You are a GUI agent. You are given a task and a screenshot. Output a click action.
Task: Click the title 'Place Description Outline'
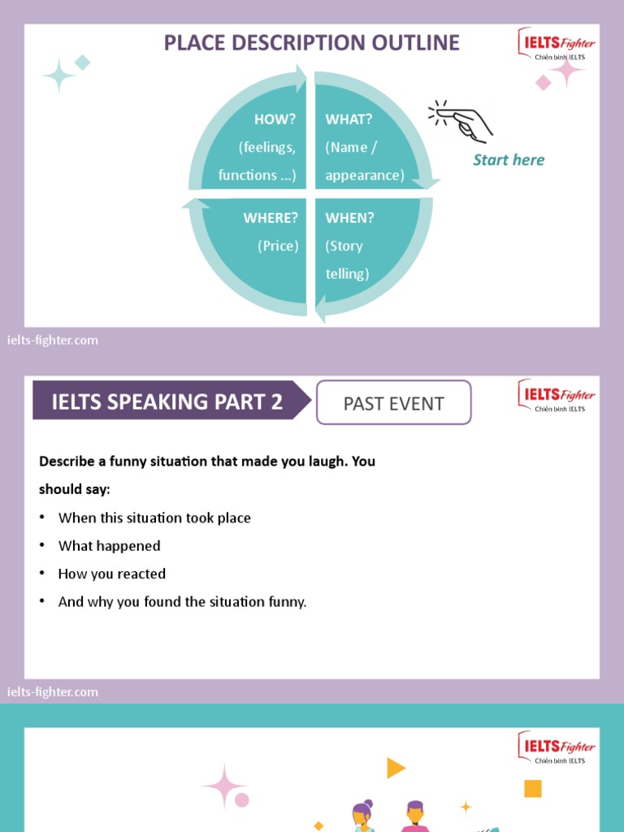311,43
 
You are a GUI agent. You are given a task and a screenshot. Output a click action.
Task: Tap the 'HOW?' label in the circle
275,119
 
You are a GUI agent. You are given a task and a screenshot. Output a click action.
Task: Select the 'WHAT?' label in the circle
349,119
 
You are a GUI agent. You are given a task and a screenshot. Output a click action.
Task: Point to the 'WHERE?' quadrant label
271,218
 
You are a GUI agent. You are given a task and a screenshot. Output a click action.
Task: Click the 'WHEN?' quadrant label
349,218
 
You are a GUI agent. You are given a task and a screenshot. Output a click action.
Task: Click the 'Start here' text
509,160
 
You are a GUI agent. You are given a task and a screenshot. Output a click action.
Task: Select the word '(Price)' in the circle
278,246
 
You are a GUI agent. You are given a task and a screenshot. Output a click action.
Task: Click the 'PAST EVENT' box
393,403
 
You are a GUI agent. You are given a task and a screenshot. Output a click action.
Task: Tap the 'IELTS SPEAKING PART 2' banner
167,401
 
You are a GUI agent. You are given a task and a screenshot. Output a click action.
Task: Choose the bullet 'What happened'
109,546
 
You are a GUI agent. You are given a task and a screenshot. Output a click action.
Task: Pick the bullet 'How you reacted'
111,574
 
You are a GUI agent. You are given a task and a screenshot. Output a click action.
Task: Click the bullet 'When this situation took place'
154,518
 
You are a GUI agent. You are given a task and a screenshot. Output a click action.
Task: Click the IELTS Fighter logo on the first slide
557,45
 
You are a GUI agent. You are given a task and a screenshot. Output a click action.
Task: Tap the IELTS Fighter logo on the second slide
557,396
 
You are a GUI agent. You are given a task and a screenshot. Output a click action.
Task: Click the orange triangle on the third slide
395,768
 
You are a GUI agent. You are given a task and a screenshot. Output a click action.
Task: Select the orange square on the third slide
533,788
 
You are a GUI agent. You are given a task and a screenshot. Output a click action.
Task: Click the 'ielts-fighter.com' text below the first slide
53,340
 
